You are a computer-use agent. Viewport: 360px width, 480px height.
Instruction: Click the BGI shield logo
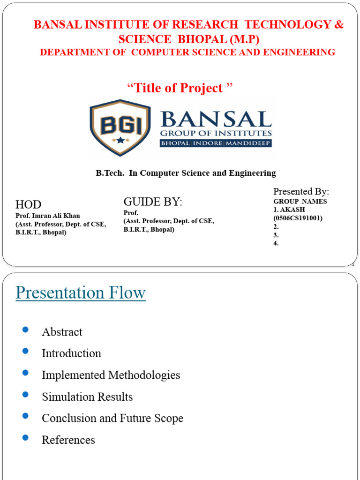tap(120, 127)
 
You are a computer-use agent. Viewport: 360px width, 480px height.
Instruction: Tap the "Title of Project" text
tap(180, 88)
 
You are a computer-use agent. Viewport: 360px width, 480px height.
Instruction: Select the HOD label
tap(29, 204)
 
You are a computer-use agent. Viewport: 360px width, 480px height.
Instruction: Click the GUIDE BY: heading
tap(152, 202)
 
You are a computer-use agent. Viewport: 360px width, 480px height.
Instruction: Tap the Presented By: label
tap(301, 191)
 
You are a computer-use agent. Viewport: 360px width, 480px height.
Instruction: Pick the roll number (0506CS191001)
tap(298, 218)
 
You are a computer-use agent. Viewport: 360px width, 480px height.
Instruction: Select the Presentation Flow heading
tap(81, 293)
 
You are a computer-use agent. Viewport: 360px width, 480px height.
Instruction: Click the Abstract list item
tap(62, 332)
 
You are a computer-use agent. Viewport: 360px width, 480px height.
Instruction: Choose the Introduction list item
tap(71, 353)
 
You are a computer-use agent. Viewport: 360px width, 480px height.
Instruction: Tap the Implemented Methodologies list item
tap(111, 375)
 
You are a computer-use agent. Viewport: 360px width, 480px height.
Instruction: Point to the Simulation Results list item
tap(87, 397)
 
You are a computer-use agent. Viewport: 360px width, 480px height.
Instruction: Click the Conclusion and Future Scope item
tap(112, 418)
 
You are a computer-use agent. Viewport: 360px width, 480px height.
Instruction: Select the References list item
tap(68, 440)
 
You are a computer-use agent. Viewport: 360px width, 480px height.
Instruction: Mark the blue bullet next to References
tap(25, 437)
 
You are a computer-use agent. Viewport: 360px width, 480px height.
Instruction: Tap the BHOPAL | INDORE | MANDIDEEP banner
tap(216, 142)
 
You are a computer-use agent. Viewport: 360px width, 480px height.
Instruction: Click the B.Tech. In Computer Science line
tap(186, 173)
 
